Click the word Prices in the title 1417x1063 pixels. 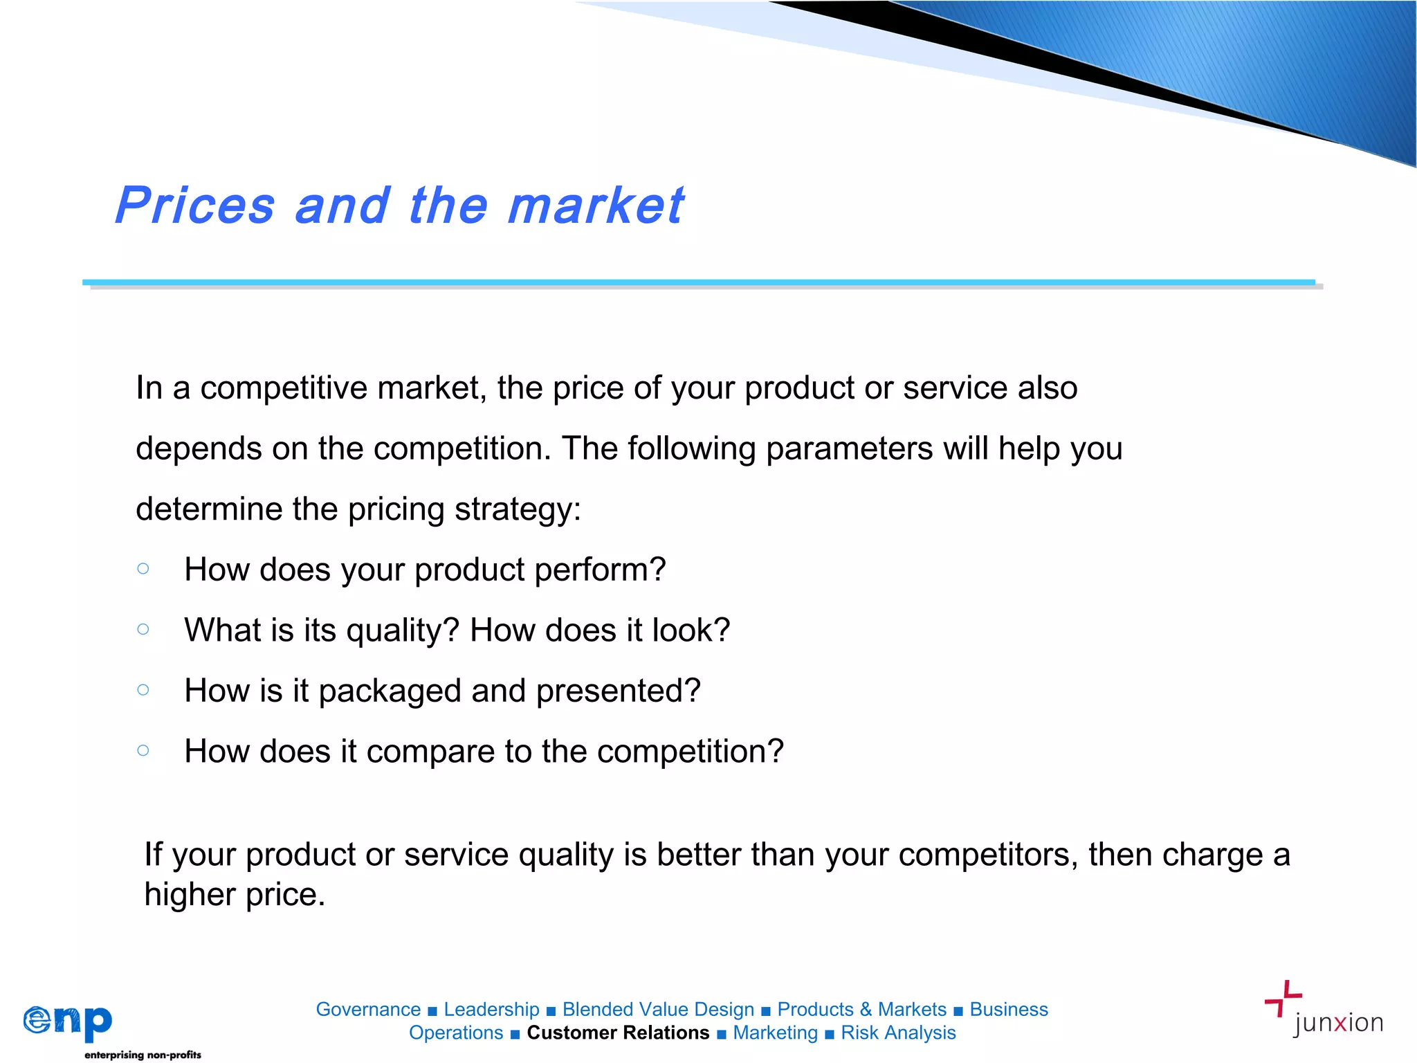click(195, 206)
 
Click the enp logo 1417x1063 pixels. click(68, 1022)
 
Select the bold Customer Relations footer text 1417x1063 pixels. click(618, 1033)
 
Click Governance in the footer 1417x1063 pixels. click(368, 1009)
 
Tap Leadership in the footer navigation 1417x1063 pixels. click(491, 1009)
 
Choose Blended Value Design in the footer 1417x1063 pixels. click(658, 1009)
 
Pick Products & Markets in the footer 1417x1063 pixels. click(861, 1009)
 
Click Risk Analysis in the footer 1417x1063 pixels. click(898, 1033)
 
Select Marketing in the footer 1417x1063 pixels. click(775, 1033)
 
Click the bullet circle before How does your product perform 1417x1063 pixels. click(143, 568)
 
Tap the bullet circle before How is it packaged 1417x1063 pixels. click(143, 689)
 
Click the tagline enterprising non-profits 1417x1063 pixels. click(143, 1055)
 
